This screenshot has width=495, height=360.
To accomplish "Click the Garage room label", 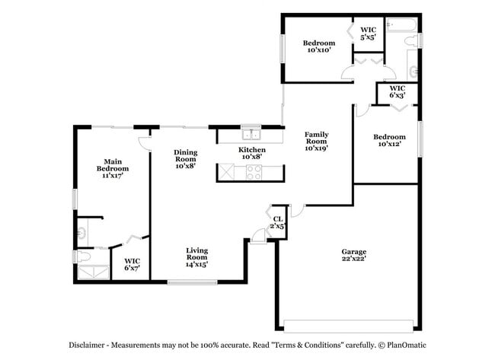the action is pyautogui.click(x=353, y=255).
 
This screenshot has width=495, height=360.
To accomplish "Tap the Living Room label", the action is pyautogui.click(x=196, y=257).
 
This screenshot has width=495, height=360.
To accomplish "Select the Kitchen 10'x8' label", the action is pyautogui.click(x=251, y=153).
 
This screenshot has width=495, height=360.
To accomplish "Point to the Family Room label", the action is pyautogui.click(x=316, y=142).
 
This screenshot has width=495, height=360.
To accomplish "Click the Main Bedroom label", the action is pyautogui.click(x=113, y=168).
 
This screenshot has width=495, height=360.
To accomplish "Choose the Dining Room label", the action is pyautogui.click(x=186, y=159).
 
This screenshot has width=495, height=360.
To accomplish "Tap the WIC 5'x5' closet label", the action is pyautogui.click(x=368, y=33).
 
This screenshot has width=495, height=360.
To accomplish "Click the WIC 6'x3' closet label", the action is pyautogui.click(x=397, y=91).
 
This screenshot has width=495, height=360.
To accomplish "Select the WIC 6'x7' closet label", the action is pyautogui.click(x=132, y=265).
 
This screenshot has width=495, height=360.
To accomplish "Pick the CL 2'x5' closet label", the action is pyautogui.click(x=278, y=222).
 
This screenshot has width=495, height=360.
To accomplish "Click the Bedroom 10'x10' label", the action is pyautogui.click(x=319, y=46).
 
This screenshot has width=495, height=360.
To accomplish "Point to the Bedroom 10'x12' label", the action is pyautogui.click(x=389, y=140).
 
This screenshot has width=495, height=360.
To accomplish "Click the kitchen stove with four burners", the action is pyautogui.click(x=254, y=172).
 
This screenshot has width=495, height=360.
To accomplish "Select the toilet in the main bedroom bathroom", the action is pyautogui.click(x=83, y=256).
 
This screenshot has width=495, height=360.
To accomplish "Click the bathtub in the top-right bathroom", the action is pyautogui.click(x=402, y=24).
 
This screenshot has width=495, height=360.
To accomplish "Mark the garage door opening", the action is pyautogui.click(x=348, y=327).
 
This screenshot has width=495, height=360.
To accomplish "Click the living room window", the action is pyautogui.click(x=192, y=282).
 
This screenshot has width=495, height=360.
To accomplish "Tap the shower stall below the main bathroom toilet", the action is pyautogui.click(x=94, y=272).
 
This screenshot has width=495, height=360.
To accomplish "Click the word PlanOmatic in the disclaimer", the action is pyautogui.click(x=407, y=346).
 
